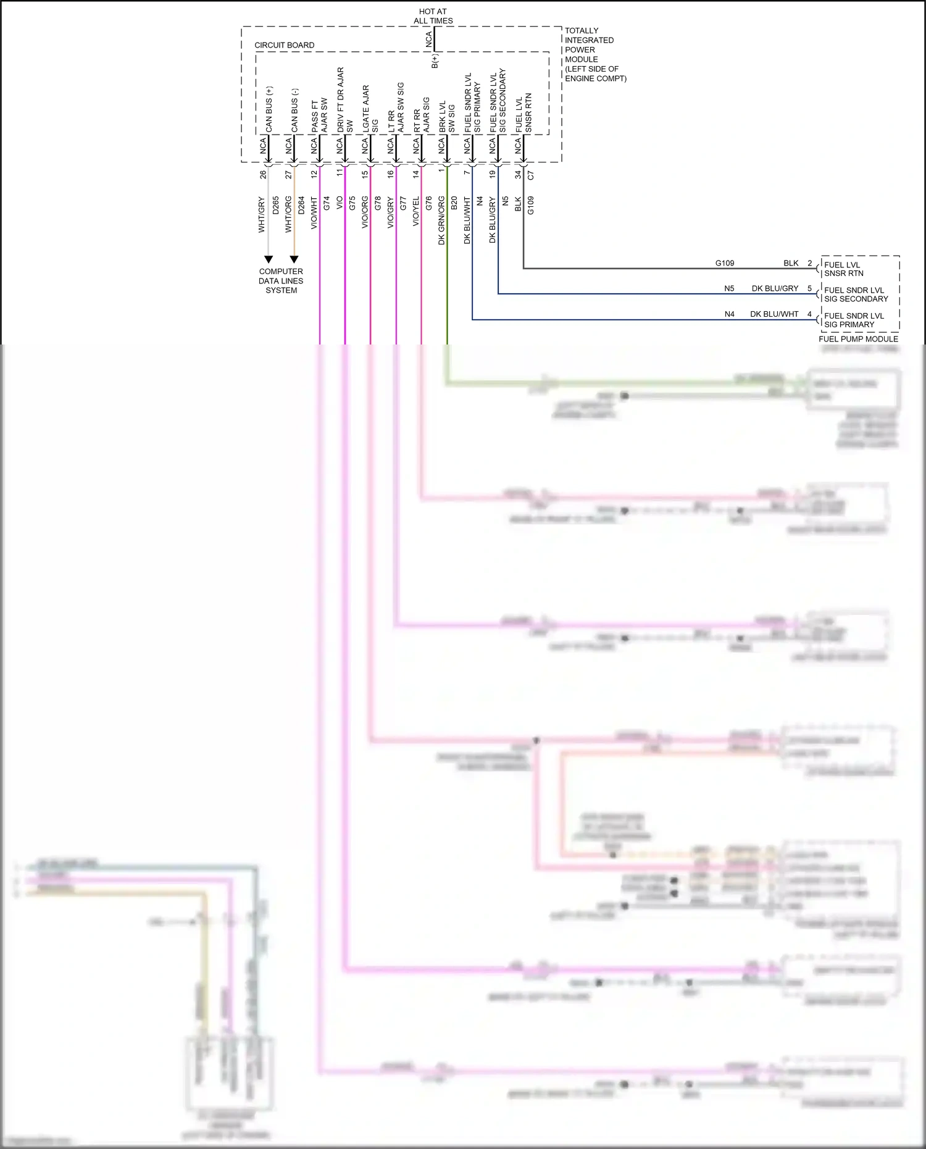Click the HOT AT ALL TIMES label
pos(433,16)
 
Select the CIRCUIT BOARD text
pos(284,45)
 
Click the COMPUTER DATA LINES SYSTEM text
pos(281,281)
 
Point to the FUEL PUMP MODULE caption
pos(858,339)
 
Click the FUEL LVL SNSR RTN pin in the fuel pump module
pos(843,269)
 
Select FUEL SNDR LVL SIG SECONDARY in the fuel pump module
pos(856,295)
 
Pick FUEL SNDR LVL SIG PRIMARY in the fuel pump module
pos(854,320)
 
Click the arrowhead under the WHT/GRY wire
pos(269,259)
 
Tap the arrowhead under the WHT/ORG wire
pos(294,259)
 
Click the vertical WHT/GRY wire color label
pos(261,215)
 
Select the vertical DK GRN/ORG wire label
pos(441,220)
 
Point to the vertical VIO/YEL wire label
pos(415,211)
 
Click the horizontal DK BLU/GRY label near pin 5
pos(775,288)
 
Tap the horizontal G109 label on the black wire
pos(725,263)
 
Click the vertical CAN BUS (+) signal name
pos(269,109)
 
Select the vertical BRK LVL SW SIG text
pos(446,117)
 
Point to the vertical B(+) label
pos(435,61)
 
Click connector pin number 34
pos(517,175)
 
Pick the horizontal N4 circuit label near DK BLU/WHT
pos(729,314)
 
